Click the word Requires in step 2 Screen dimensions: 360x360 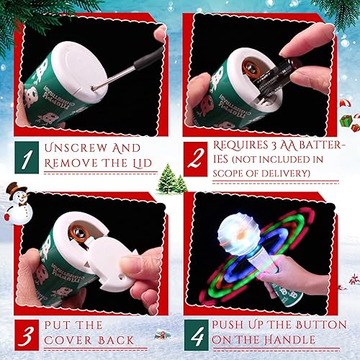click(x=236, y=147)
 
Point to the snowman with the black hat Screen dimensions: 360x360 click(x=15, y=202)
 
